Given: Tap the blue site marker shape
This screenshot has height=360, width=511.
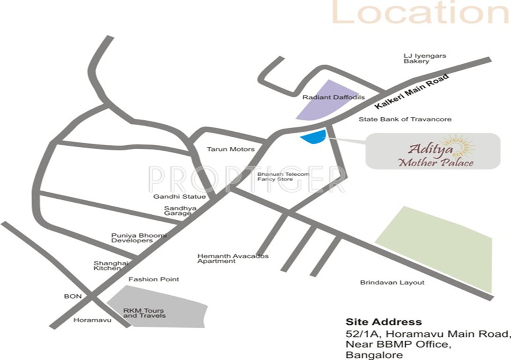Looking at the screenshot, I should click(313, 137).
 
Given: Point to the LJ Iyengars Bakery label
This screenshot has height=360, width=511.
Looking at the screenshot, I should click(425, 59).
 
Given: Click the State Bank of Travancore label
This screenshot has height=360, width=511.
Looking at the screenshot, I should click(405, 120).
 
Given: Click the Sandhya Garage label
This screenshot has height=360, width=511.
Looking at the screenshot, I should click(178, 210).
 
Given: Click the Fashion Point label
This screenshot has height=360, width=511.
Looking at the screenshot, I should click(154, 279).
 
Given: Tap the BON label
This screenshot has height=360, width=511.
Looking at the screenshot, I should click(73, 296).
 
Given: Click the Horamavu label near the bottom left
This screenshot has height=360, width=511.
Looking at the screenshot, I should click(87, 321).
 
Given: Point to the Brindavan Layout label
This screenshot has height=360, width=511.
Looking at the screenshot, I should click(392, 283).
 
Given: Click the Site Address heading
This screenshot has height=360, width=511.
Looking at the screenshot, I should click(383, 322).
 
